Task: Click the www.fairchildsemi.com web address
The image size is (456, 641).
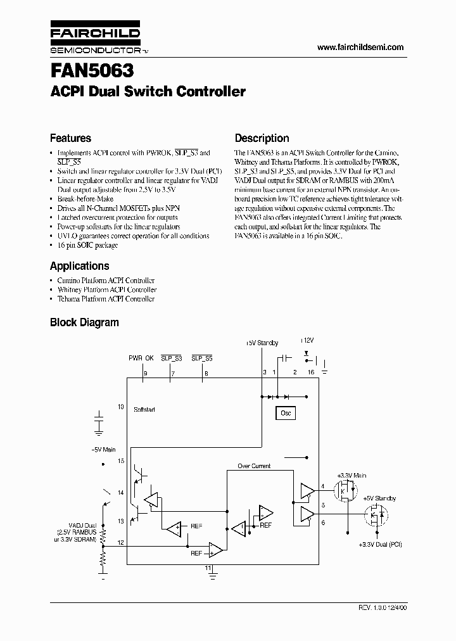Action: pos(360,48)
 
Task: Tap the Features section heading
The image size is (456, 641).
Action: pos(70,138)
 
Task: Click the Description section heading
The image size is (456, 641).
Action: pos(262,138)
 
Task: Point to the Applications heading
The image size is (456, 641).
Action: pos(79,266)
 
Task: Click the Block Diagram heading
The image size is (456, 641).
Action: pos(84,322)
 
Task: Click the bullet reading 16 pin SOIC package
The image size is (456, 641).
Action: pos(87,245)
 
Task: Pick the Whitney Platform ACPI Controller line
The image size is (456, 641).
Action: pos(106,289)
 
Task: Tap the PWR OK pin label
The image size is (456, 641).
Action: pos(141,358)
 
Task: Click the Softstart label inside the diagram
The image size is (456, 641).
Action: pos(144,410)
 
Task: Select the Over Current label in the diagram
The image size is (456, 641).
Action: pos(254,466)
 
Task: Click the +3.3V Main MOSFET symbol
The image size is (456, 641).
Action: pos(346,490)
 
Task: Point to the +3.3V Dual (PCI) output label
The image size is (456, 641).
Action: pos(379,545)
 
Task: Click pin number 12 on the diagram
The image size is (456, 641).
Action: pos(121,543)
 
